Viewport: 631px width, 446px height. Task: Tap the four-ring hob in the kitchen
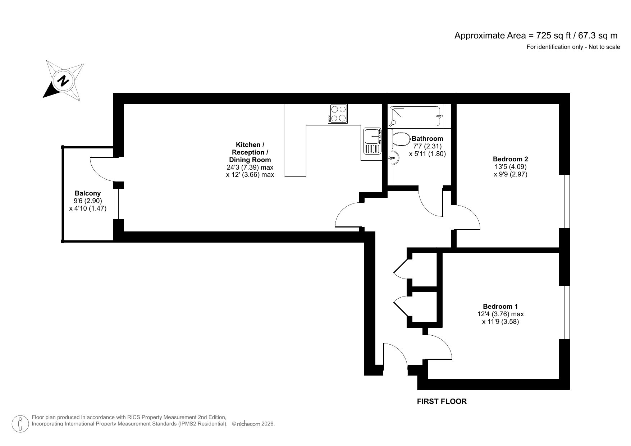[338, 114]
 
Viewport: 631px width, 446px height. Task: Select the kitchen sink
[372, 142]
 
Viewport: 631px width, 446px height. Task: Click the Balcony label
[88, 193]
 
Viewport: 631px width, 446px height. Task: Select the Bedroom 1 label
[500, 306]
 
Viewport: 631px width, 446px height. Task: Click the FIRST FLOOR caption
[442, 401]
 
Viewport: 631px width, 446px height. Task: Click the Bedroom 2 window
[564, 201]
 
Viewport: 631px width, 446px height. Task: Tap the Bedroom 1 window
[564, 312]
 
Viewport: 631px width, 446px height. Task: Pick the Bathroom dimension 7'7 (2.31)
[427, 146]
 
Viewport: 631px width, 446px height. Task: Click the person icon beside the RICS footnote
[20, 424]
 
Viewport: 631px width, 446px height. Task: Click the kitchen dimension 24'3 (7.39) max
[250, 167]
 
